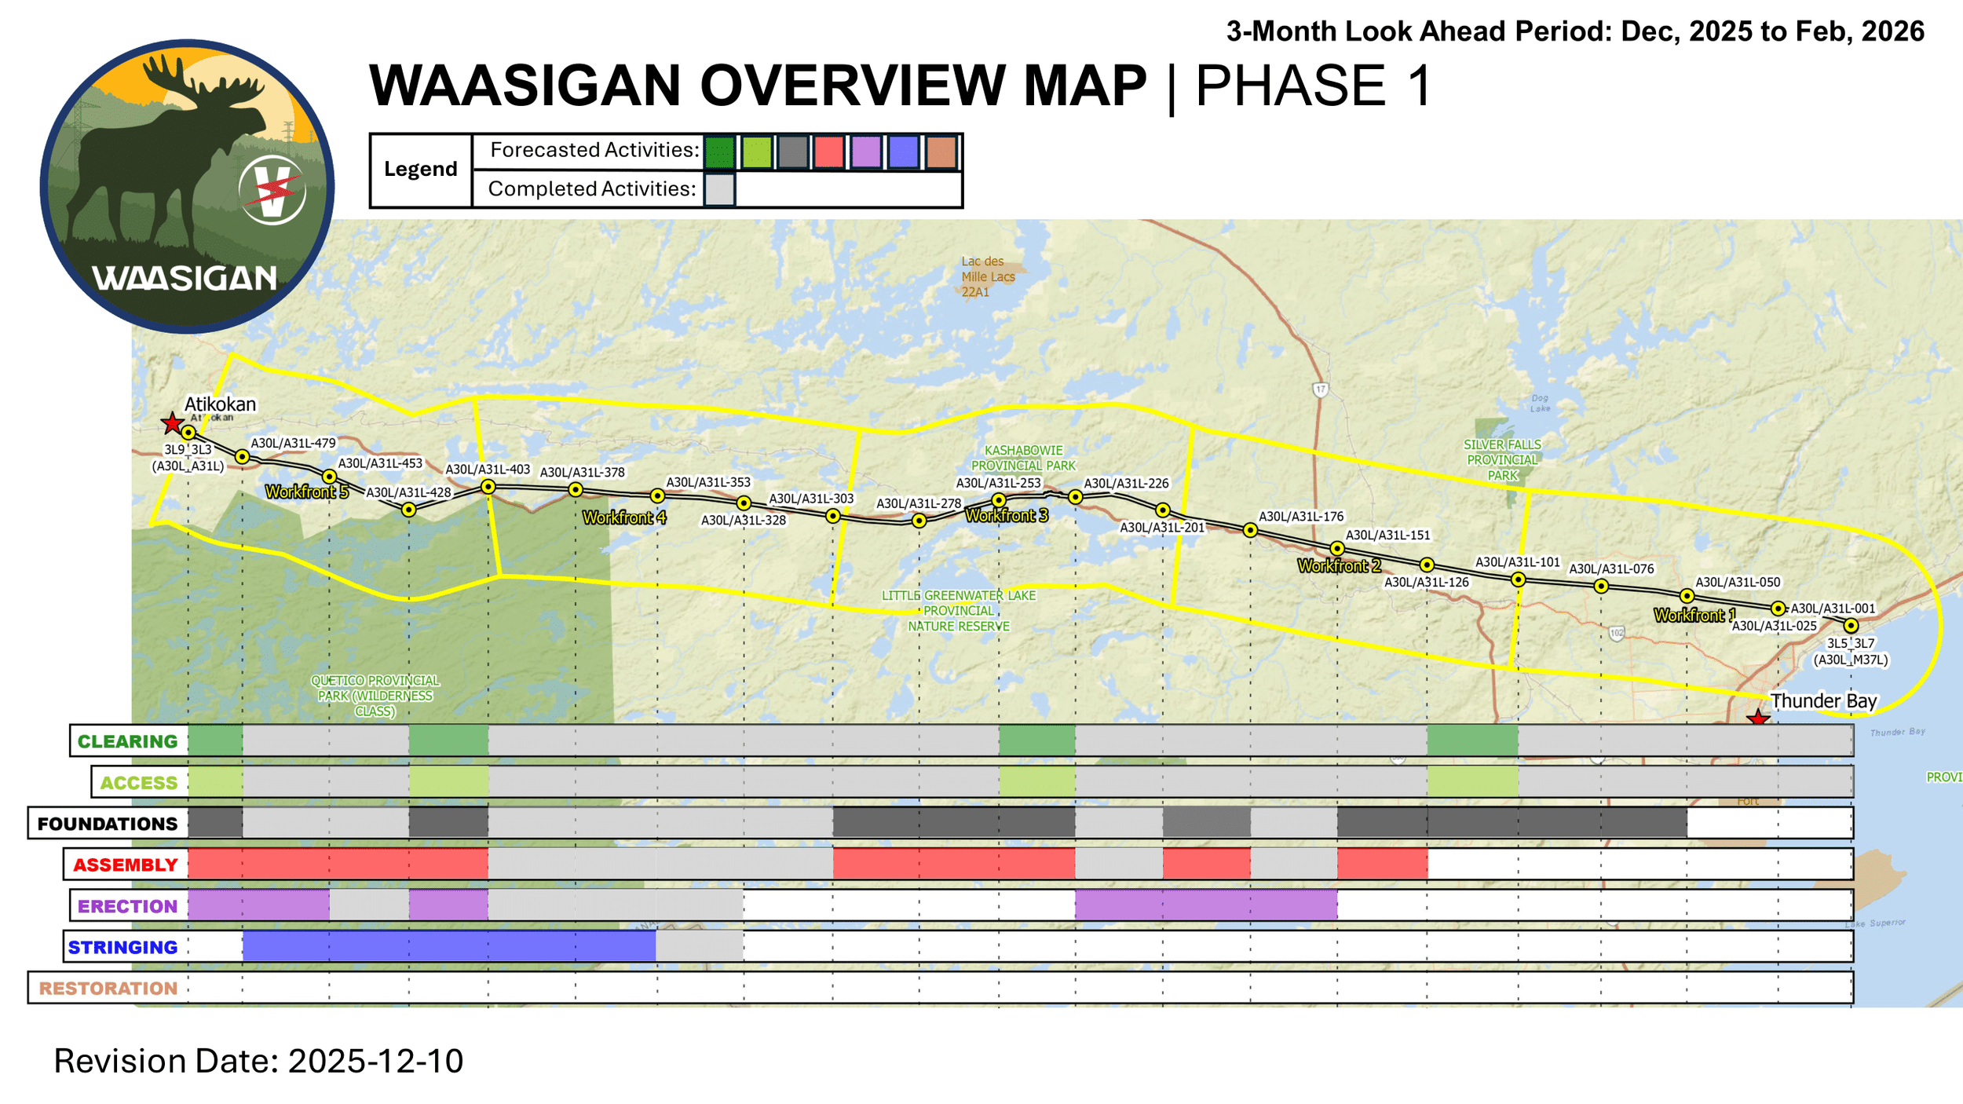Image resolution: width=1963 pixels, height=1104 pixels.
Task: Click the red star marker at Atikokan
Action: coord(172,423)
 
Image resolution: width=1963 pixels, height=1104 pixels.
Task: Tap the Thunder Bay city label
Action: coord(1823,700)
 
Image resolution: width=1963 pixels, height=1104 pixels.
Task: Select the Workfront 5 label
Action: coord(306,492)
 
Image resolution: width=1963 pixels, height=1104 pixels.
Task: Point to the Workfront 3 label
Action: coord(1007,516)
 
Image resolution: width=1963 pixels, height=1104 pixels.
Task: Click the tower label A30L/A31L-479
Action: coord(293,444)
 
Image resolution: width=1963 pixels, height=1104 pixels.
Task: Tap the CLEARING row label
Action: coord(127,741)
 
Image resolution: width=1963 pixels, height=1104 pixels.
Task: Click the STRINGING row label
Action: coord(122,948)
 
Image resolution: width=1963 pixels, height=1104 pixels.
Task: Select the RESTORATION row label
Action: coord(108,989)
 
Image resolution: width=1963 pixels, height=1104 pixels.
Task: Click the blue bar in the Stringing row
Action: coord(448,946)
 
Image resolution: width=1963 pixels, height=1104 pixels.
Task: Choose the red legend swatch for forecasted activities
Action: coord(828,152)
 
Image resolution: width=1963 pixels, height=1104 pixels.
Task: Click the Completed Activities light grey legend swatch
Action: coord(719,189)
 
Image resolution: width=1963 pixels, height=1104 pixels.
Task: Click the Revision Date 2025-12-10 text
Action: coord(258,1061)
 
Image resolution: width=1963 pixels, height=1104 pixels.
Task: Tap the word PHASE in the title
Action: coord(1290,86)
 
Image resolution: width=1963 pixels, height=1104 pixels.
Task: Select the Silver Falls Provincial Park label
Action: coord(1502,460)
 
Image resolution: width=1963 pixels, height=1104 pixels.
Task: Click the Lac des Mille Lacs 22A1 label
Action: coord(988,276)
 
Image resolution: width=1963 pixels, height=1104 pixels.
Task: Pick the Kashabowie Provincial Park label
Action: coord(1023,458)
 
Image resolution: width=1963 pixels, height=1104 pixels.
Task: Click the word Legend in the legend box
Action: coord(420,170)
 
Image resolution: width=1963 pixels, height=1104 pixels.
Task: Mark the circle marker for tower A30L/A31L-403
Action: coord(488,487)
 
